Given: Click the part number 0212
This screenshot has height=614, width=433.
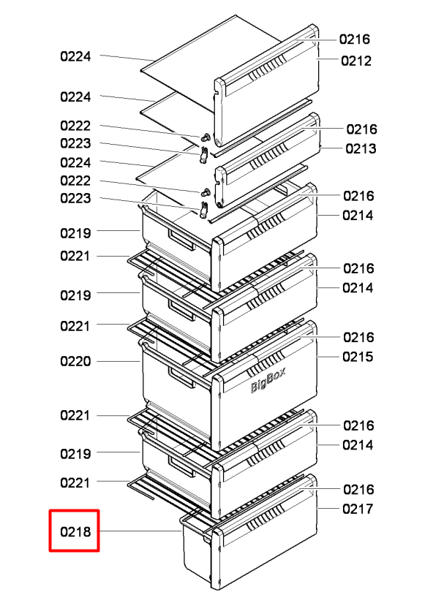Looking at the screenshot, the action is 355,61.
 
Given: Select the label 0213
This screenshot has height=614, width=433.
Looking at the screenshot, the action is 361,148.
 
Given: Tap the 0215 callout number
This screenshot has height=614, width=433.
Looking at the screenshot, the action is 358,357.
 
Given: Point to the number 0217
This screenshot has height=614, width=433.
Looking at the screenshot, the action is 358,509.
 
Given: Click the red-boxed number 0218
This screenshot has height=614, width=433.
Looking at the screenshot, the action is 75,532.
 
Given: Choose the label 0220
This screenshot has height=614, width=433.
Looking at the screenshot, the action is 75,361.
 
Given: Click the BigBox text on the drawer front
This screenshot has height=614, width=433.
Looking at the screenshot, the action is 268,380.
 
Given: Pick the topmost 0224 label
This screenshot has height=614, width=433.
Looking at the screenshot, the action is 75,56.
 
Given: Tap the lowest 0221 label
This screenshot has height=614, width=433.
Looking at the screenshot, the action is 75,483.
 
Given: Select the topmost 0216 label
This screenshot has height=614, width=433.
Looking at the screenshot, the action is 354,39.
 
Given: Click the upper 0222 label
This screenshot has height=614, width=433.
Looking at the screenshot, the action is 75,126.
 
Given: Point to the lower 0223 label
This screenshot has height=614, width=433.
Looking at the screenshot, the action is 75,198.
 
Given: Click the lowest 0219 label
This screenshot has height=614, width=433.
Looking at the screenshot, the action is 75,454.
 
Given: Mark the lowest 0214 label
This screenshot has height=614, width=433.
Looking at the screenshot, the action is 358,445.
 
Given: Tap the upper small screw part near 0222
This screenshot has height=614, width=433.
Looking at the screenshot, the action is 206,137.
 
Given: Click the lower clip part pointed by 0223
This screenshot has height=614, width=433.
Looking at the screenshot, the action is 204,210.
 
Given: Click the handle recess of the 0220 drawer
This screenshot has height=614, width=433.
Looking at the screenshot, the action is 181,379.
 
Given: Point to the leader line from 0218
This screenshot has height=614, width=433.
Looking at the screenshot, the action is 140,531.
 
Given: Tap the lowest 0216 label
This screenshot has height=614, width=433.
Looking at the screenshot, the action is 358,490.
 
